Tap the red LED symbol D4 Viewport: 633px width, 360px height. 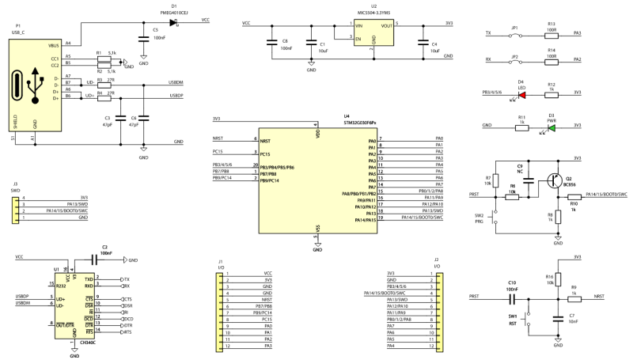(x=521, y=93)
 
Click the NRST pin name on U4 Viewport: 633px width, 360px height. (x=266, y=138)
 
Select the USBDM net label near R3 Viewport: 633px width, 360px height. (x=177, y=83)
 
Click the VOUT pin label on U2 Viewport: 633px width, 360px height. (x=386, y=26)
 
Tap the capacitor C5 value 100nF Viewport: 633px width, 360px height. (x=159, y=38)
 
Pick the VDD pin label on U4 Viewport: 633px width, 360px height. (x=316, y=134)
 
